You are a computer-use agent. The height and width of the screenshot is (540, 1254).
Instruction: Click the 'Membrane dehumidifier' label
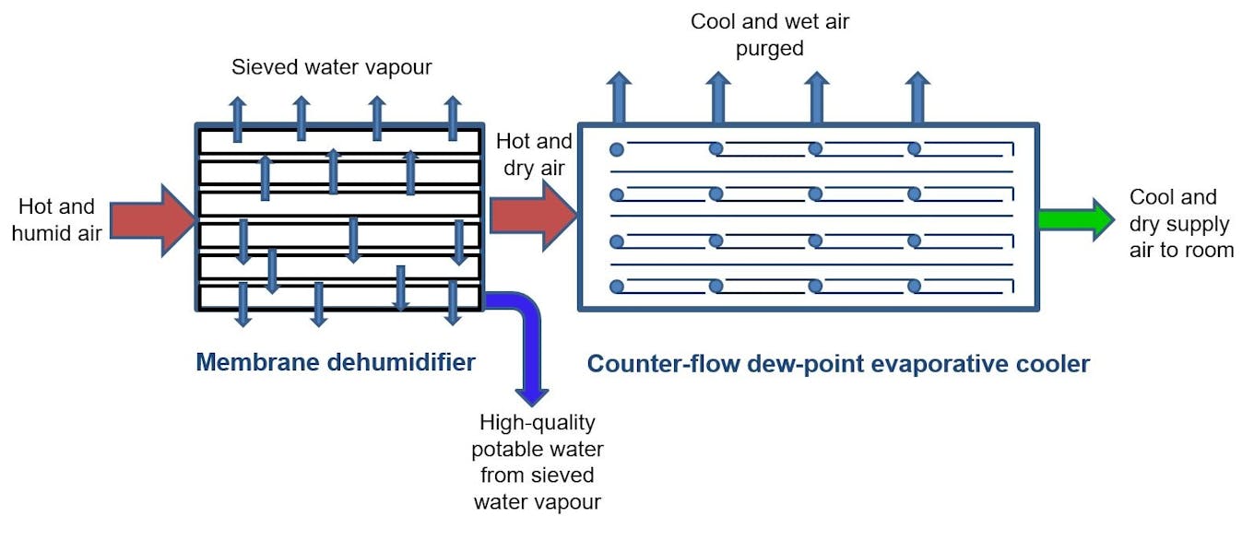coord(336,362)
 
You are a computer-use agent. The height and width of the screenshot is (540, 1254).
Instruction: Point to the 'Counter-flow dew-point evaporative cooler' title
coord(838,364)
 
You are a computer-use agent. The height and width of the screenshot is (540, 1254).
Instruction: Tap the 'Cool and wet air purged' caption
coord(770,34)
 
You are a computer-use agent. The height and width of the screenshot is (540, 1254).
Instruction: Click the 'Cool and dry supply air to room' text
coord(1181,223)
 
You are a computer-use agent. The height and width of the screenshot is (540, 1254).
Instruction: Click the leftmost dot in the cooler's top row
coord(617,149)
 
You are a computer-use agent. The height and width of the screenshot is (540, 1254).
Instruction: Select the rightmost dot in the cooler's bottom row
coord(914,287)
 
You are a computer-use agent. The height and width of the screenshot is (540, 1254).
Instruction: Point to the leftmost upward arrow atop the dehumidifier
coord(238,118)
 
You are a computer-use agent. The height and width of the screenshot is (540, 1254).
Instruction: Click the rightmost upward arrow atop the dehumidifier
coord(452,118)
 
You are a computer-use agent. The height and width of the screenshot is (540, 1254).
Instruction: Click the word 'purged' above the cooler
coord(770,48)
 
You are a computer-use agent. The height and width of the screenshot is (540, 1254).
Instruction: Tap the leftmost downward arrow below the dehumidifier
coord(243,305)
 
